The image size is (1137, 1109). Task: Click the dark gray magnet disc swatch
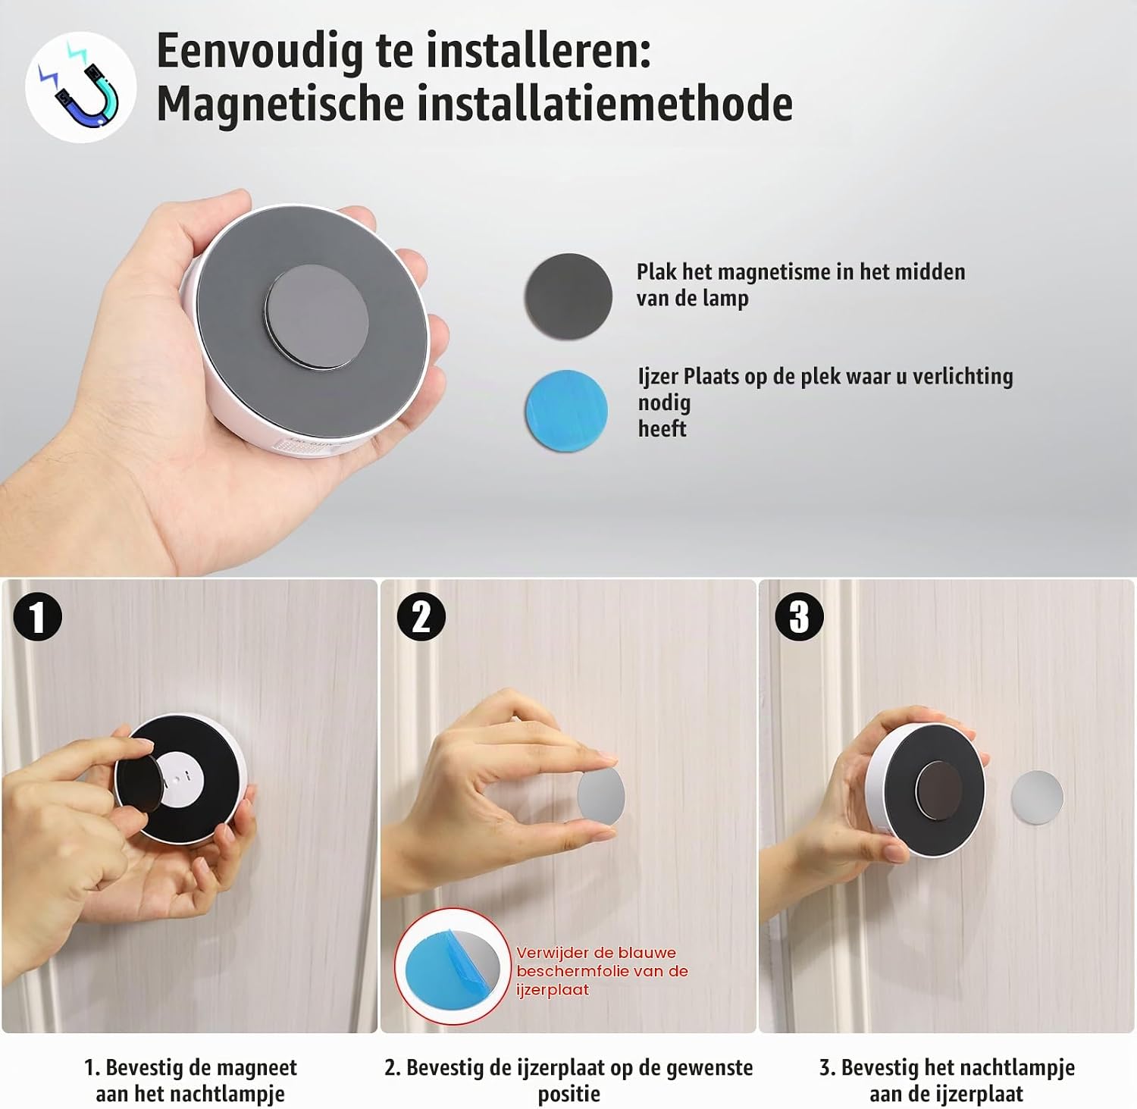(568, 296)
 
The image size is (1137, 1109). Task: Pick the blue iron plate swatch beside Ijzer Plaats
(567, 411)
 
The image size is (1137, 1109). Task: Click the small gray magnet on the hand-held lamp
(317, 317)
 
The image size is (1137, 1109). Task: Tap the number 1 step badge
(37, 616)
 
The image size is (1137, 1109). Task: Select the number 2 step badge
(421, 616)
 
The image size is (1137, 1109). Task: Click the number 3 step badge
(799, 616)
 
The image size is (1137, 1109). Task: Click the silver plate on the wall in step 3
(1037, 797)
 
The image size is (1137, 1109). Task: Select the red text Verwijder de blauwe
(596, 953)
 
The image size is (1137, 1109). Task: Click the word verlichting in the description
(963, 377)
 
